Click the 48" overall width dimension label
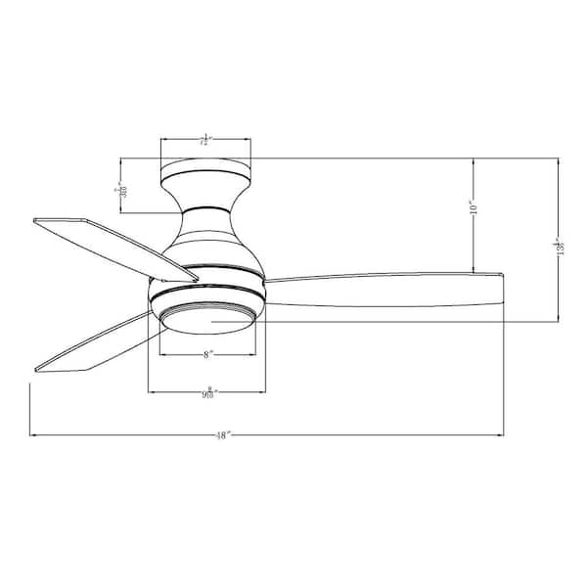pyautogui.click(x=223, y=436)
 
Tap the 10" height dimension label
pyautogui.click(x=473, y=208)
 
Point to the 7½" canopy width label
pyautogui.click(x=205, y=141)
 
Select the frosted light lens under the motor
pyautogui.click(x=205, y=318)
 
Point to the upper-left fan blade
pyautogui.click(x=113, y=245)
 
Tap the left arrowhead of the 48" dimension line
pyautogui.click(x=32, y=434)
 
